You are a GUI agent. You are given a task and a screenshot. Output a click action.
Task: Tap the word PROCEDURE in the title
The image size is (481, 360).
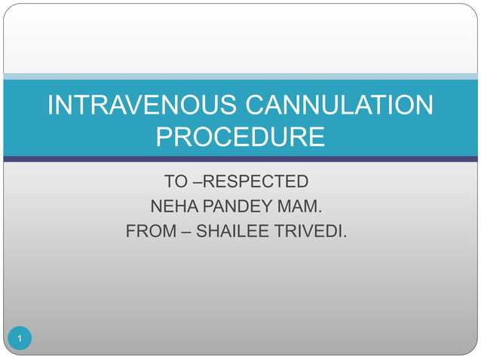click(240, 137)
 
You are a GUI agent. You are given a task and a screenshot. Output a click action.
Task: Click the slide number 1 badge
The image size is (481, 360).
click(20, 338)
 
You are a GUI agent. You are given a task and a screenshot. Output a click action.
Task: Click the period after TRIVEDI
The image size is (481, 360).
click(346, 236)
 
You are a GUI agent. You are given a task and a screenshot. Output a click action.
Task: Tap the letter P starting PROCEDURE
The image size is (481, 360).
click(164, 137)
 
